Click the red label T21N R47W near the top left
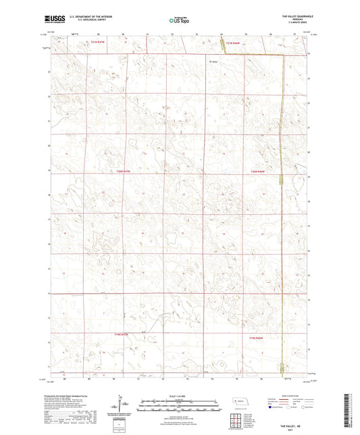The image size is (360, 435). tap(99, 43)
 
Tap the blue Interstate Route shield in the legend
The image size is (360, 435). tap(270, 408)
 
